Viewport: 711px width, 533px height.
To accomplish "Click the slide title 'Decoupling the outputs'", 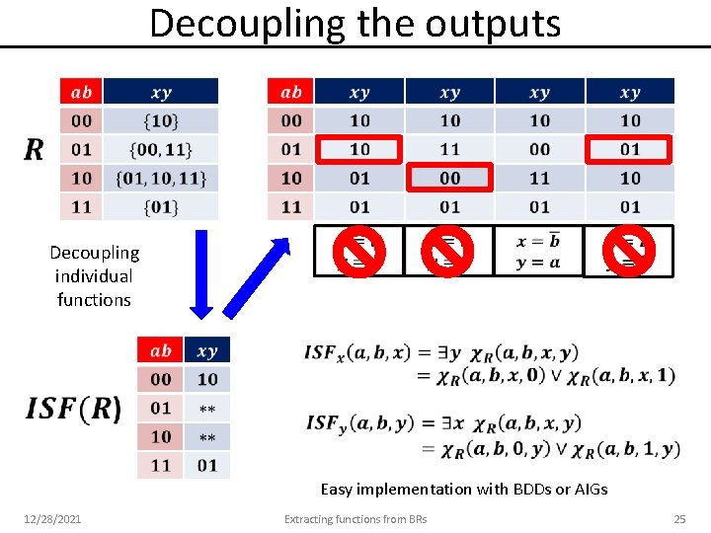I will pos(355,23).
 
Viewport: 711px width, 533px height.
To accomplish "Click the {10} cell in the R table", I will pos(161,120).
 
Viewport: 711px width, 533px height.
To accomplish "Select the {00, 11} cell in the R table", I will pos(161,149).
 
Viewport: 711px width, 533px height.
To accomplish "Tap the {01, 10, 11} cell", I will pos(161,178).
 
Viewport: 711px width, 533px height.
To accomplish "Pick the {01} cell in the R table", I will pos(161,207).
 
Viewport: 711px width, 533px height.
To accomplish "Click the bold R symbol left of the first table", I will pos(34,150).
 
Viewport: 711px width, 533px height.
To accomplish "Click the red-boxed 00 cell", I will pos(450,178).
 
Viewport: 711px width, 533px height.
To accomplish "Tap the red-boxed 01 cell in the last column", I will pos(630,149).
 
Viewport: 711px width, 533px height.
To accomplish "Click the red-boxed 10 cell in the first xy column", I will pos(359,149).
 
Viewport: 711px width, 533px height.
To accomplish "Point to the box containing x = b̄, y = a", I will pos(538,251).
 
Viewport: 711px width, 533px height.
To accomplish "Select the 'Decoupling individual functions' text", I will pos(94,276).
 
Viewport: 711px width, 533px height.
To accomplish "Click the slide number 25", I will pos(678,519).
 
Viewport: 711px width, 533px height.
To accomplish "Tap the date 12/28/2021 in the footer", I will pos(52,519).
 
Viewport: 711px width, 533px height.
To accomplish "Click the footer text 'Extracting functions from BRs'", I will pos(355,519).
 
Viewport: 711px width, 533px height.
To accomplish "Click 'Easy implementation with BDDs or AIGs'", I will pos(464,489).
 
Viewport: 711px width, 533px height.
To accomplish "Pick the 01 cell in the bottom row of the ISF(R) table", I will pos(207,465).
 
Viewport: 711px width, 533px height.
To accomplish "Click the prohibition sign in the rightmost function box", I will pos(628,251).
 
